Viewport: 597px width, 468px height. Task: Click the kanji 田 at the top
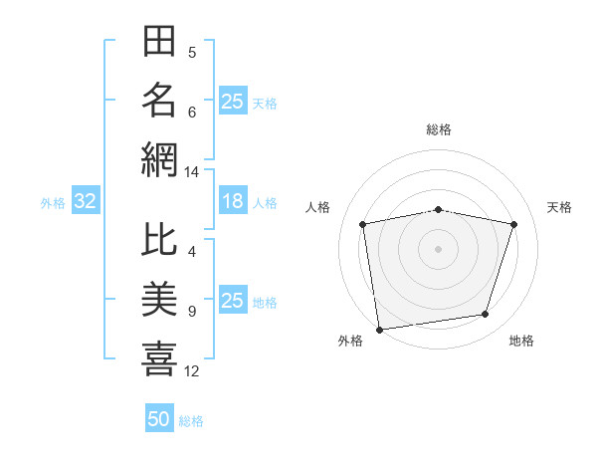point(159,41)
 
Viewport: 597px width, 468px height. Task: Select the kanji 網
point(159,160)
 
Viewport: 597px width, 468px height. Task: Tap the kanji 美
point(159,299)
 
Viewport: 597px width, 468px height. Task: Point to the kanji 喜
point(159,358)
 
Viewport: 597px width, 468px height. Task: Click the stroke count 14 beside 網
point(191,172)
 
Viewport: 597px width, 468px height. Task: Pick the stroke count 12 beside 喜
point(191,371)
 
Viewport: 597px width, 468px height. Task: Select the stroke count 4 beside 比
point(192,252)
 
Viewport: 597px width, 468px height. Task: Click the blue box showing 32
point(86,200)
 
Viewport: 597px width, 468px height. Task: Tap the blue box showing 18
point(233,200)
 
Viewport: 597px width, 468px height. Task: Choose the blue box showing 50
point(159,417)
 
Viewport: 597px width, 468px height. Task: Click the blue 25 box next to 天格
point(233,101)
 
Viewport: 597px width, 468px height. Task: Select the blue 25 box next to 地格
point(233,299)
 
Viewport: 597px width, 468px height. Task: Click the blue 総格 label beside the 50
point(191,421)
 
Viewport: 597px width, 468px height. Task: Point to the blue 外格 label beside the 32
point(53,203)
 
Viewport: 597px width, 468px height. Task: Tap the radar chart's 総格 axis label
point(439,129)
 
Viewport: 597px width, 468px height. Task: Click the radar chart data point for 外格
point(379,330)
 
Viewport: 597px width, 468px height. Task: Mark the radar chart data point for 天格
point(513,224)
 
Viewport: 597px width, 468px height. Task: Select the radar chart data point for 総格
point(438,210)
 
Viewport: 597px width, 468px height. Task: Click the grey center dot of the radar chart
point(438,249)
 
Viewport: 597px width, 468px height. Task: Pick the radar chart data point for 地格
point(486,314)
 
